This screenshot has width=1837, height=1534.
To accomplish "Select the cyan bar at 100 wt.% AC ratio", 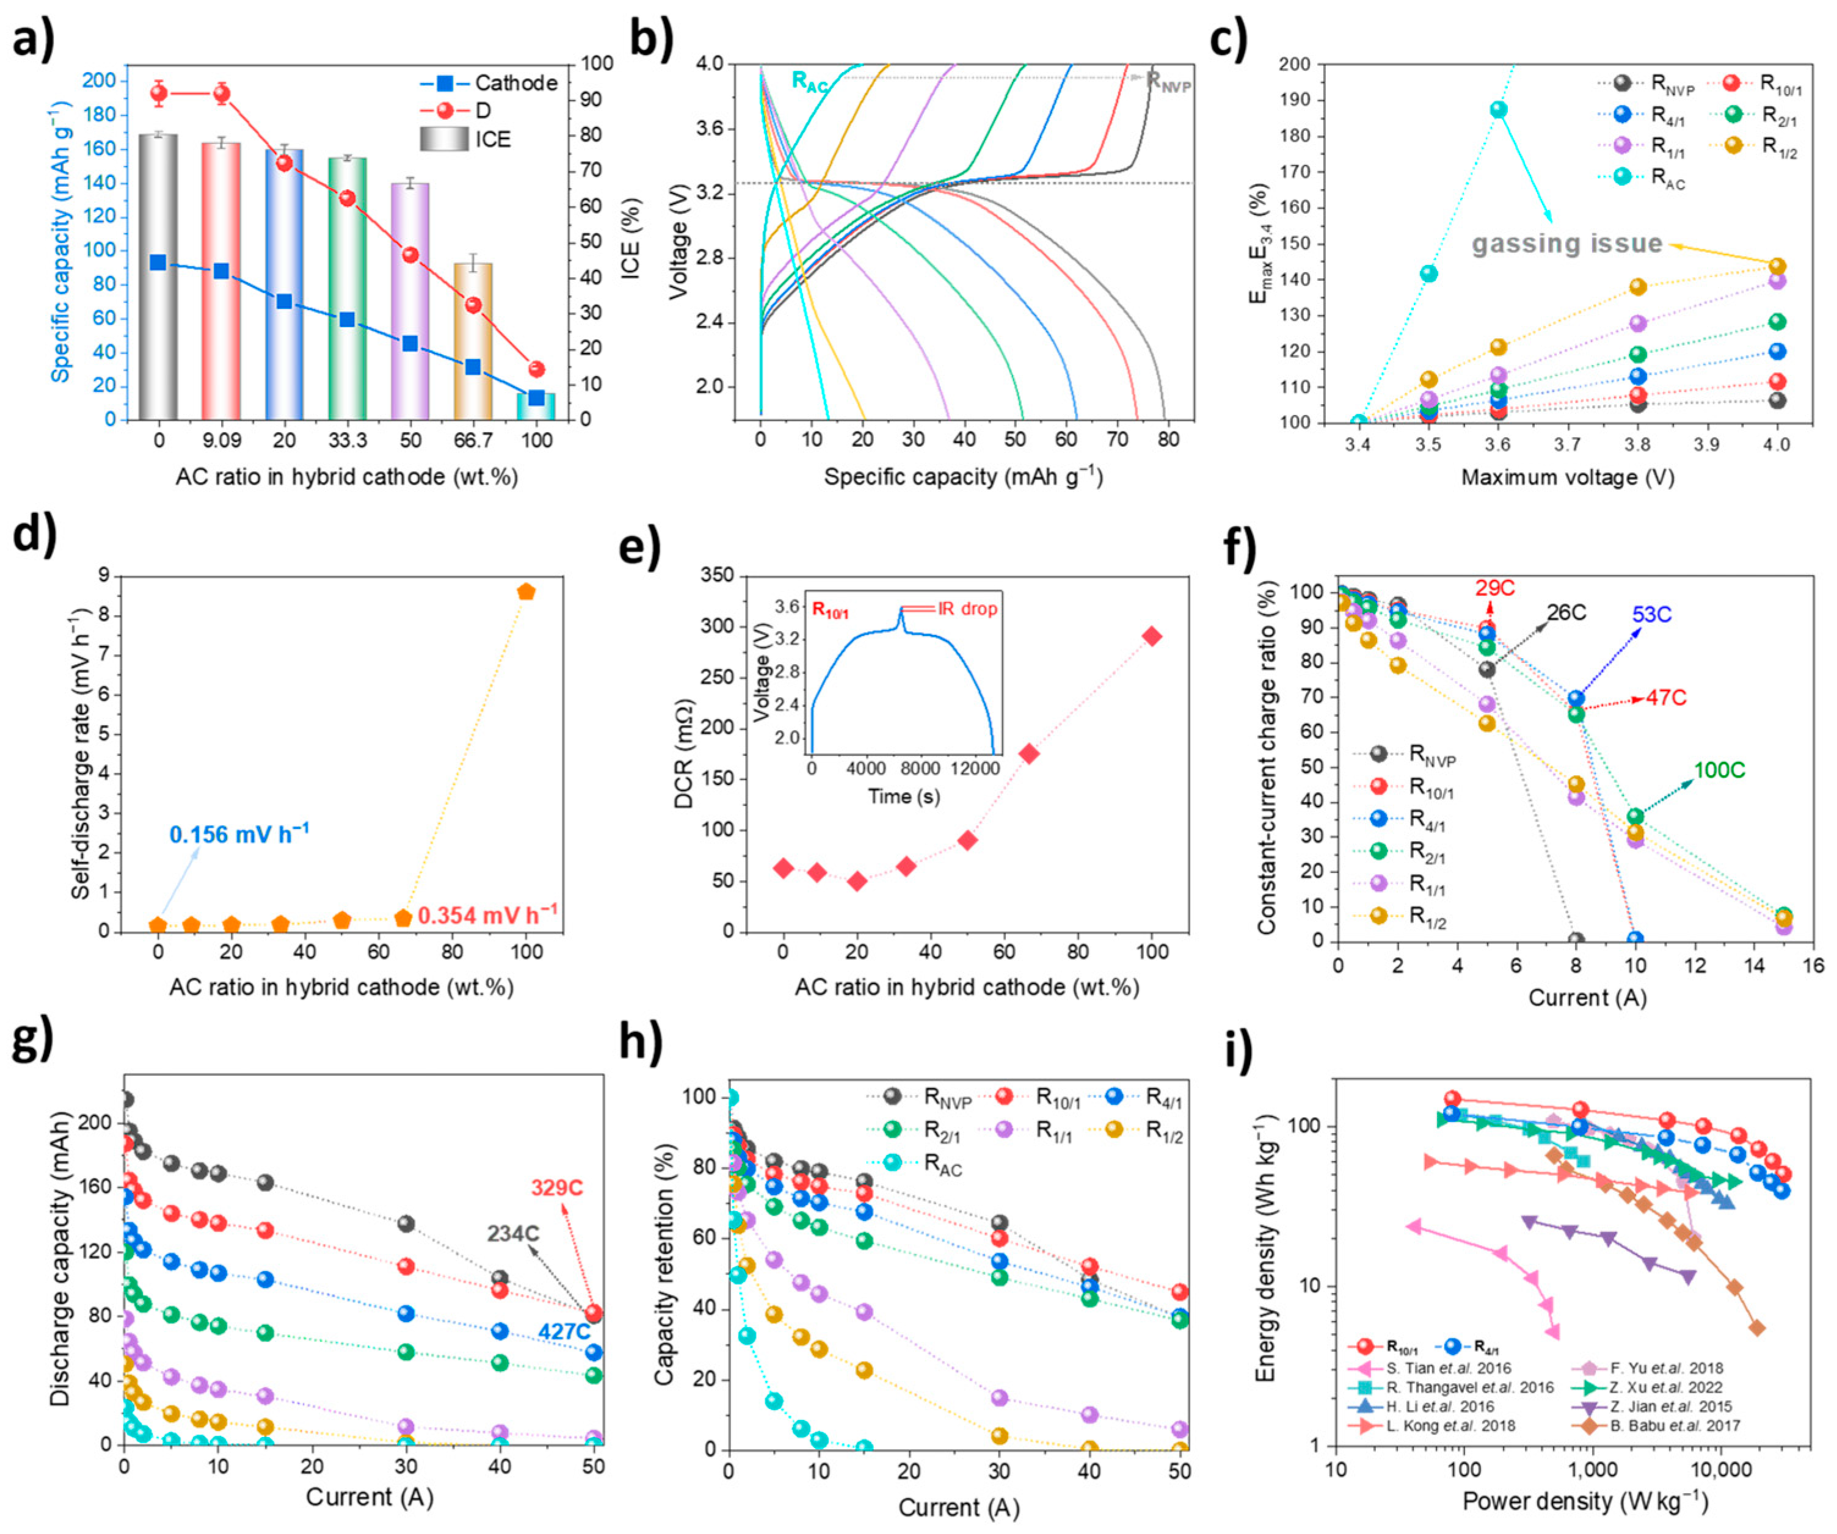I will click(536, 406).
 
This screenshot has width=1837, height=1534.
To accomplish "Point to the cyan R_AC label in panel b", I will click(809, 81).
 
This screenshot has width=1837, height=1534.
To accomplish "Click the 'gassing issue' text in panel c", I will click(1566, 244).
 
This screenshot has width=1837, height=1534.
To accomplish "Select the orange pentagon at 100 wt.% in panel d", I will click(526, 592).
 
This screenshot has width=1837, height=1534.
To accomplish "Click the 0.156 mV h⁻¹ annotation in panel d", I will click(239, 834).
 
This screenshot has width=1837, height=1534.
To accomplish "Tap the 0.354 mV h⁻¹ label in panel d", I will click(487, 915).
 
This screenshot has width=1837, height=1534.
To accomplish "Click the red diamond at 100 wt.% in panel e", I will click(1152, 636).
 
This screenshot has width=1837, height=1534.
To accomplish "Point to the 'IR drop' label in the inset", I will click(967, 609).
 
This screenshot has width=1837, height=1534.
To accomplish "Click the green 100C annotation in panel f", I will click(1719, 770).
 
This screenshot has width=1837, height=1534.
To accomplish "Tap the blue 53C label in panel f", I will click(1651, 615).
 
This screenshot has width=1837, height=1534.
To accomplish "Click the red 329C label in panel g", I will click(556, 1188).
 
